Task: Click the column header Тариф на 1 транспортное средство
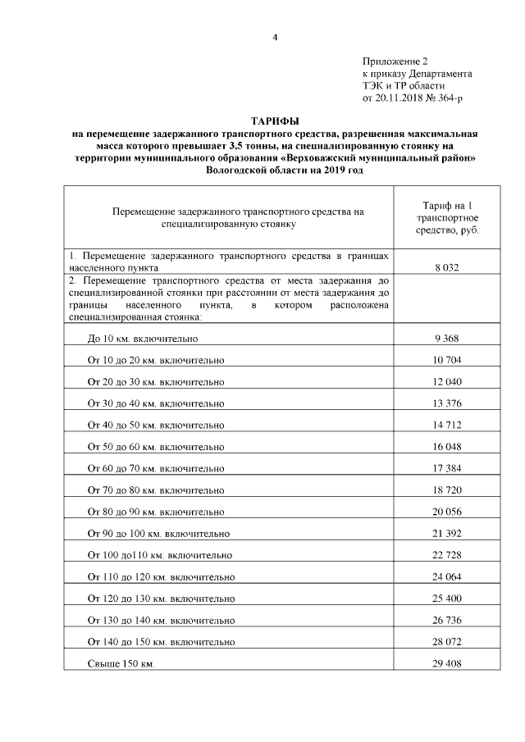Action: click(x=447, y=217)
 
